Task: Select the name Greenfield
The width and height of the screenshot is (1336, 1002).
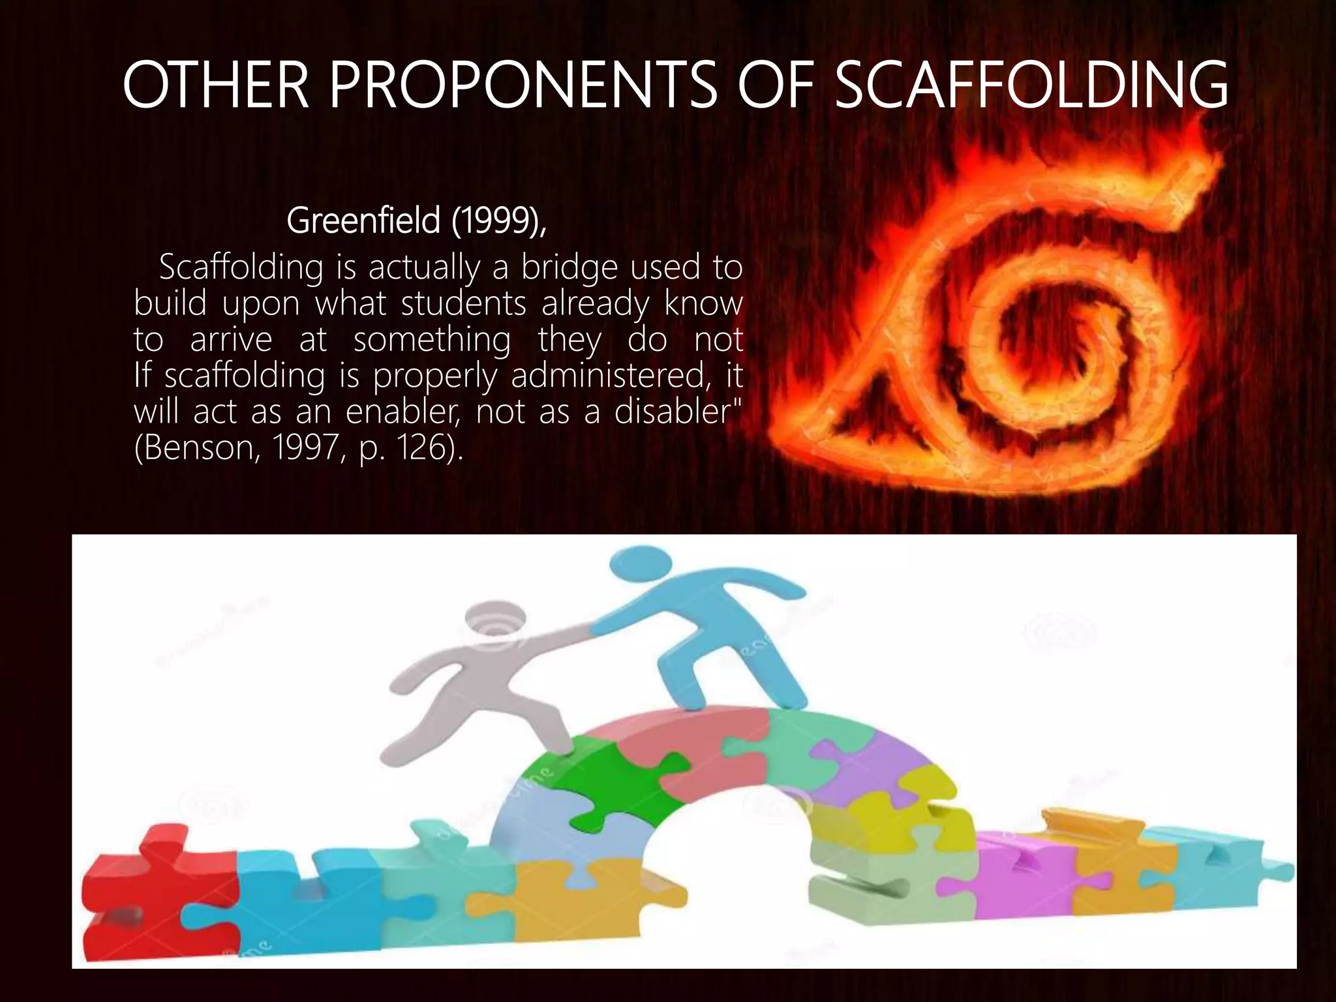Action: [363, 220]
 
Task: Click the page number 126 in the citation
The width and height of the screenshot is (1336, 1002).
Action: [421, 448]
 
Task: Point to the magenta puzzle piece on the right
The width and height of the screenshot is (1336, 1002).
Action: [1024, 874]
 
